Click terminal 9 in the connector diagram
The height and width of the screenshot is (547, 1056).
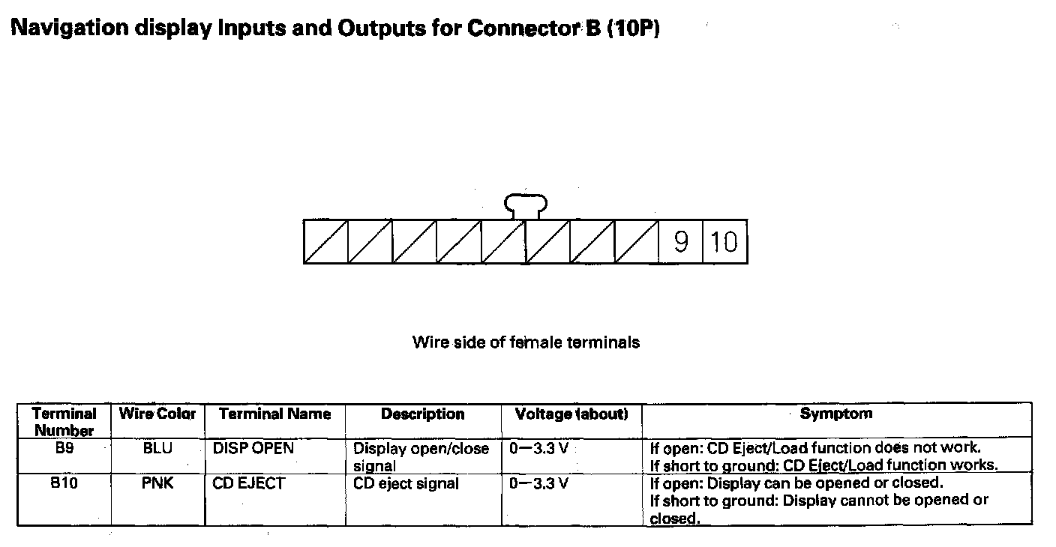[x=680, y=242]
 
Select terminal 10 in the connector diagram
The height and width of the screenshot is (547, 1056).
[x=724, y=242]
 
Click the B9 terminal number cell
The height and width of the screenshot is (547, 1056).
[x=64, y=448]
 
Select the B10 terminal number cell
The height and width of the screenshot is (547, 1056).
[x=64, y=483]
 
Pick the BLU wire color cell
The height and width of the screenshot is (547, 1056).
[x=157, y=448]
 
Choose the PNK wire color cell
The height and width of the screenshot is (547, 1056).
[x=157, y=483]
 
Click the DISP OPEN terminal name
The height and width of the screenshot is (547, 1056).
[x=253, y=448]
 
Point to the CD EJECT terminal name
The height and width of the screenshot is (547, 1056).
[x=248, y=483]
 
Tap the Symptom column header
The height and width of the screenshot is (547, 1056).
[x=835, y=413]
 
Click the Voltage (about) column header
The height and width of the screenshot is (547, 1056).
[x=571, y=414]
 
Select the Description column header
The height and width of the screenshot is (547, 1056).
[x=423, y=414]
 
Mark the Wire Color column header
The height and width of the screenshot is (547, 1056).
[x=157, y=414]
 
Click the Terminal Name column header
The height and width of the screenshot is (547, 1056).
[x=274, y=414]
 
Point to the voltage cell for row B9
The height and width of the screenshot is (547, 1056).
[x=538, y=448]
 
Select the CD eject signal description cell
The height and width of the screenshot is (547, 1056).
[x=406, y=483]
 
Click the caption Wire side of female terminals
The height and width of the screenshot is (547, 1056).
[x=526, y=342]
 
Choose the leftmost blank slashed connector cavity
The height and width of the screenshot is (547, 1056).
[x=325, y=242]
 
